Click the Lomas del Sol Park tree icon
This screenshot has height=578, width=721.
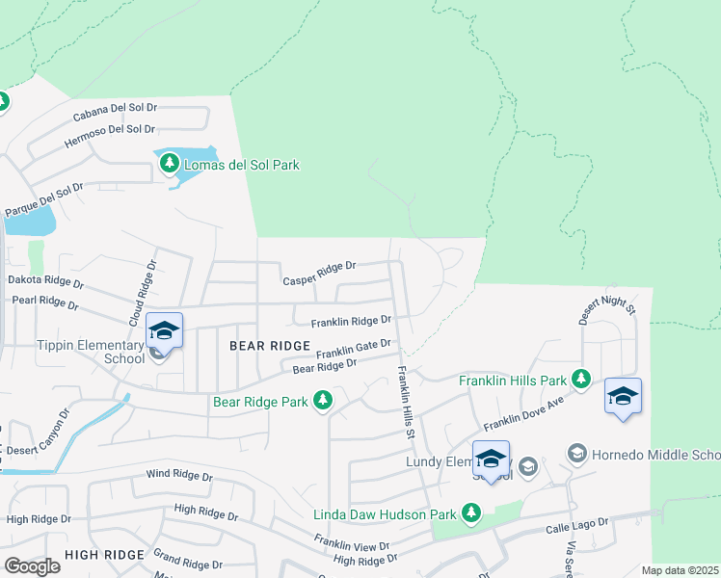[x=170, y=164]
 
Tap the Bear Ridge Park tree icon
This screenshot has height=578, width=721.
[x=324, y=400]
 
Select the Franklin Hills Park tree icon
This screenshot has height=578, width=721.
[x=580, y=380]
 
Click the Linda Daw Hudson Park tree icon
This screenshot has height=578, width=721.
[x=471, y=513]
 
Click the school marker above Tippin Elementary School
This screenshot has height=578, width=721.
[x=165, y=331]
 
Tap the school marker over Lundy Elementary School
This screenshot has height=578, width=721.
[x=491, y=460]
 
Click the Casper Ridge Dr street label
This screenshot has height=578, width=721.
[x=319, y=274]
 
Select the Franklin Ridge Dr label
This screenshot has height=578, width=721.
[x=351, y=322]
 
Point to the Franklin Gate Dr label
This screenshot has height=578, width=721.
[x=353, y=349]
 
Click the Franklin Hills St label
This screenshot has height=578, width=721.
[x=408, y=403]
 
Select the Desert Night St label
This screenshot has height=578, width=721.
[x=607, y=305]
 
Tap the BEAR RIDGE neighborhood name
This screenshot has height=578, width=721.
[x=269, y=345]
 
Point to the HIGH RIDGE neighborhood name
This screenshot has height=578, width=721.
[x=104, y=555]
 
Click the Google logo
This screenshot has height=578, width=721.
[x=32, y=566]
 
